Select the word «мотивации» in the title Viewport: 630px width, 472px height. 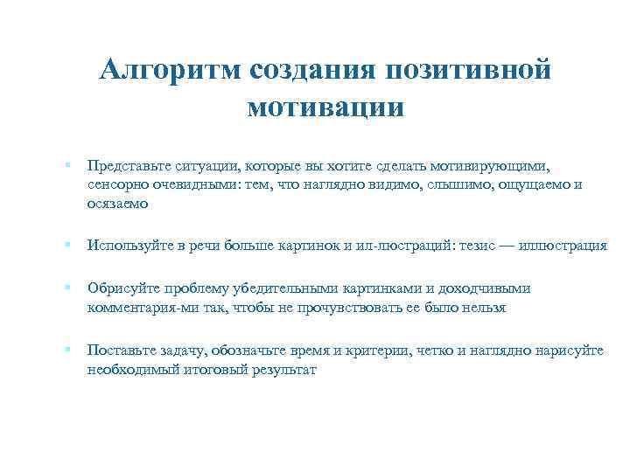(325, 108)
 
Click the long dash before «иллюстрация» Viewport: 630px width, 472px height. (507, 246)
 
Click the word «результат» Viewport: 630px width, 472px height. (281, 370)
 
